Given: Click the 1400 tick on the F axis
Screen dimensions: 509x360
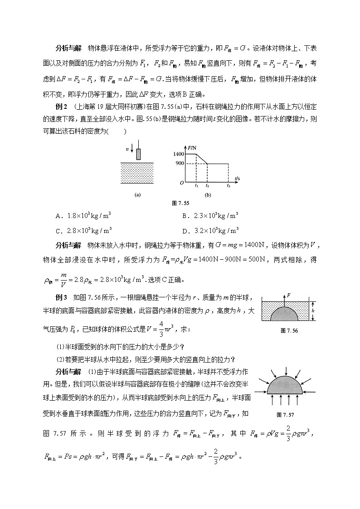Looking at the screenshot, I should pyautogui.click(x=178, y=155).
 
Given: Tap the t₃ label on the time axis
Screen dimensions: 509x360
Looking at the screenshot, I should pyautogui.click(x=229, y=186).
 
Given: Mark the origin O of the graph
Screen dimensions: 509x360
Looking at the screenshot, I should pyautogui.click(x=181, y=183).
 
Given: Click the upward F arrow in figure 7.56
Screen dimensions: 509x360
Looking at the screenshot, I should pyautogui.click(x=284, y=301).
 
